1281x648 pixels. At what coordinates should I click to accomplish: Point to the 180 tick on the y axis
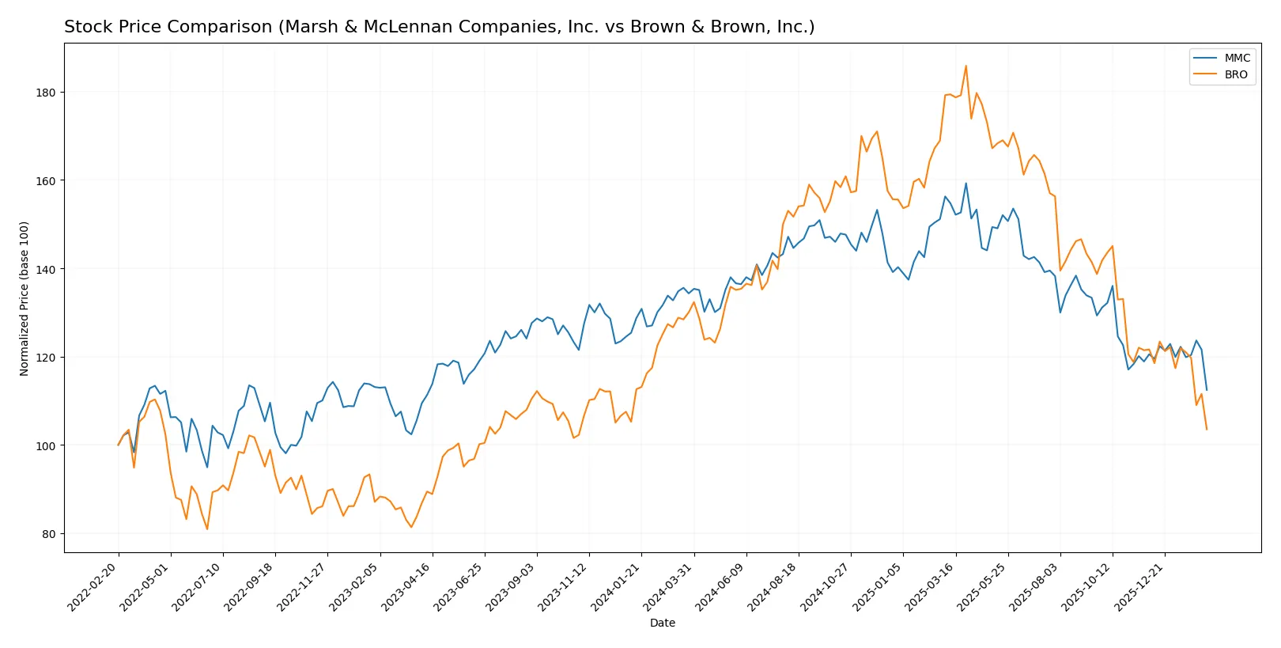[x=46, y=93]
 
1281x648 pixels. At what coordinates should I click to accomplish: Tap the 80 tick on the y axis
[x=49, y=534]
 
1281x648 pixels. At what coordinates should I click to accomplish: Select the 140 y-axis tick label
[x=46, y=269]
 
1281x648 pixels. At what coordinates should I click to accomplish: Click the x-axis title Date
[x=662, y=623]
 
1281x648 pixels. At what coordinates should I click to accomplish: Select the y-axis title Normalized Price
[x=25, y=298]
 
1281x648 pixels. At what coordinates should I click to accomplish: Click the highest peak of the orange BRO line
[x=965, y=66]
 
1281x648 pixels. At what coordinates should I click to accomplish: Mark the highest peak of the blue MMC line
[x=965, y=184]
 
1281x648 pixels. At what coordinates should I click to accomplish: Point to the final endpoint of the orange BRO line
[x=1207, y=429]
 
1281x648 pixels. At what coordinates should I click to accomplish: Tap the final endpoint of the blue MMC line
[x=1207, y=389]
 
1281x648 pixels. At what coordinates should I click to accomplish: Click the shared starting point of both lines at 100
[x=119, y=445]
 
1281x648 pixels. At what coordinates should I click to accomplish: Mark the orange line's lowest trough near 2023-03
[x=410, y=527]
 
